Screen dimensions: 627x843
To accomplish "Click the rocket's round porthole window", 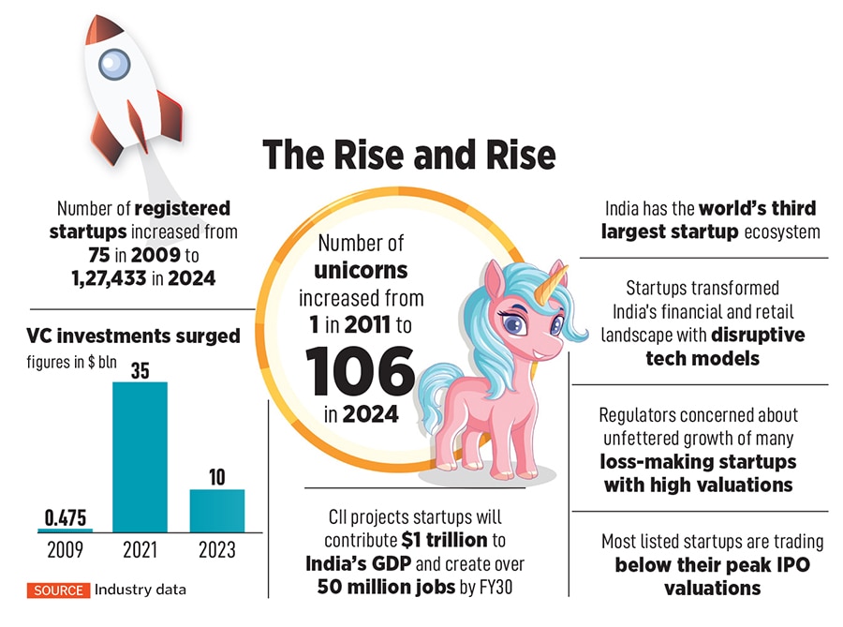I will [112, 64].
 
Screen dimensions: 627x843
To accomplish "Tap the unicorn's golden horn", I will [557, 277].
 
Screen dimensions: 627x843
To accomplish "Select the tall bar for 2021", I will [140, 456].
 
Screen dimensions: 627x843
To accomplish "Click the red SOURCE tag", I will [58, 590].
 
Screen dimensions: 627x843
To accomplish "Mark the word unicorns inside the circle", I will [361, 270].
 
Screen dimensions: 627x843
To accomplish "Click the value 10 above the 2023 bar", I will [217, 477].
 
